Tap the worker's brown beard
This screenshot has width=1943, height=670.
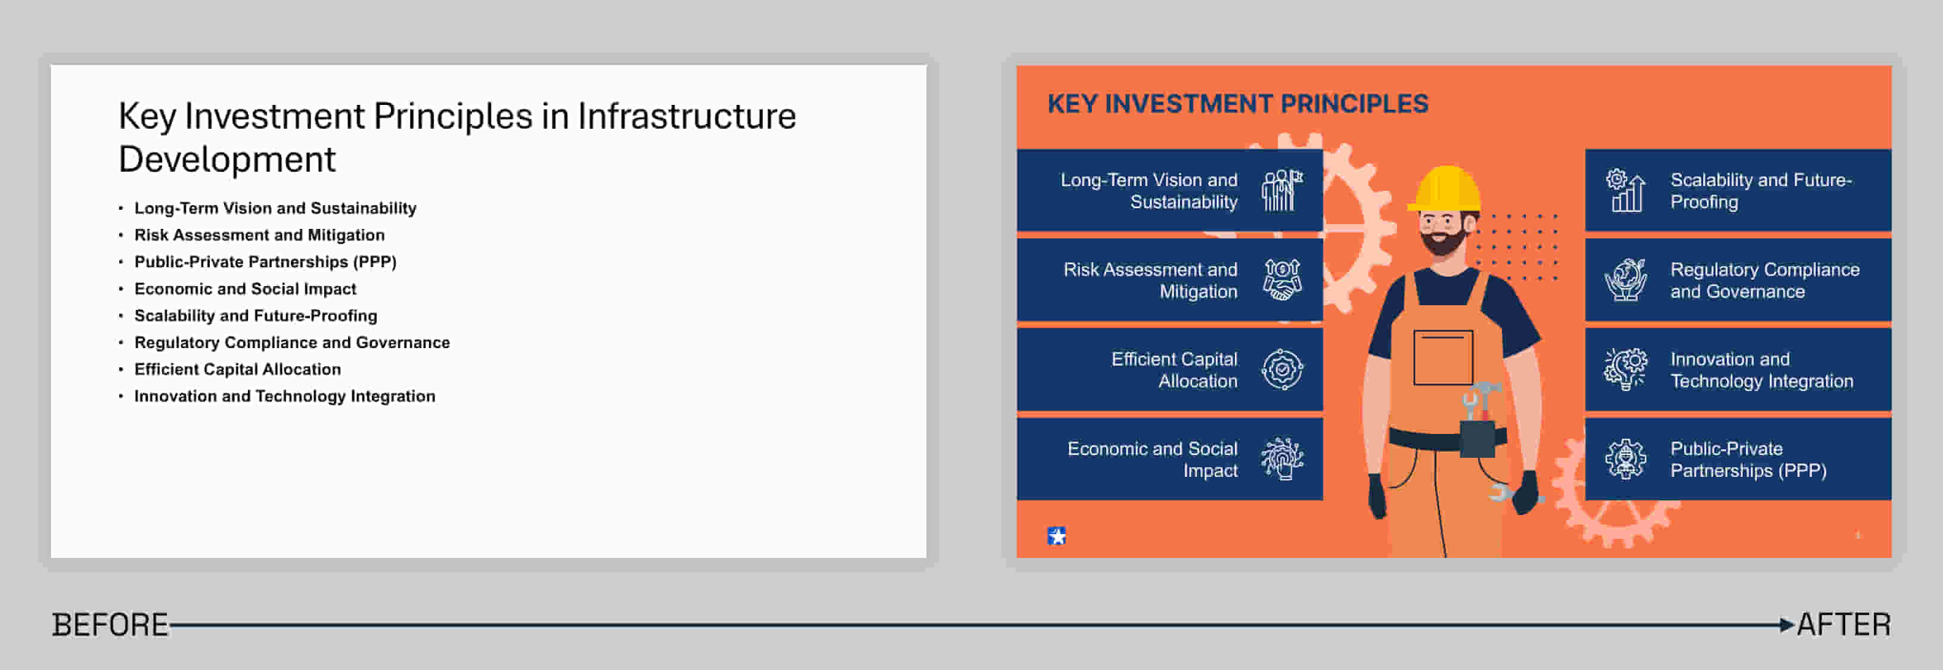[1444, 241]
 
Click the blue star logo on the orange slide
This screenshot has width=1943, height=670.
[1057, 536]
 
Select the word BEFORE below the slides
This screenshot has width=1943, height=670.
[110, 625]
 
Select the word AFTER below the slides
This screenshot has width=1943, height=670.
[1843, 625]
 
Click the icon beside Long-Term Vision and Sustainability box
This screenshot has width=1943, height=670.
[1282, 190]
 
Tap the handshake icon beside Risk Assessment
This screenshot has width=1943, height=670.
[1282, 280]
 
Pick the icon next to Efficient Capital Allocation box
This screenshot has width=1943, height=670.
[1282, 370]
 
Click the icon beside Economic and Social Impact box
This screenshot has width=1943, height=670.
[1282, 459]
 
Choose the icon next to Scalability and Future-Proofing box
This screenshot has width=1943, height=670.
[1625, 190]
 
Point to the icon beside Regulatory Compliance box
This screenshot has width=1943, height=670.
[1625, 280]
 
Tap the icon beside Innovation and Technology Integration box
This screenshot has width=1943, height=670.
[1625, 370]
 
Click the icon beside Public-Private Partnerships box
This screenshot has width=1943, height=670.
[1625, 459]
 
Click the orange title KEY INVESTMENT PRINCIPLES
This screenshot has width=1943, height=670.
[1238, 103]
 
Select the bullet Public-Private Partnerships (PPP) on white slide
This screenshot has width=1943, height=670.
[265, 262]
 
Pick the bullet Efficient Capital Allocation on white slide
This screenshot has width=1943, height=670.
[238, 369]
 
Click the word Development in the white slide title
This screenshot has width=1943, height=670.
[227, 159]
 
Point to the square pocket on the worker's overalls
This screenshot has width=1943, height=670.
[1443, 358]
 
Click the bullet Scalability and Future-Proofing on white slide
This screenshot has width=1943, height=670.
[256, 315]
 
